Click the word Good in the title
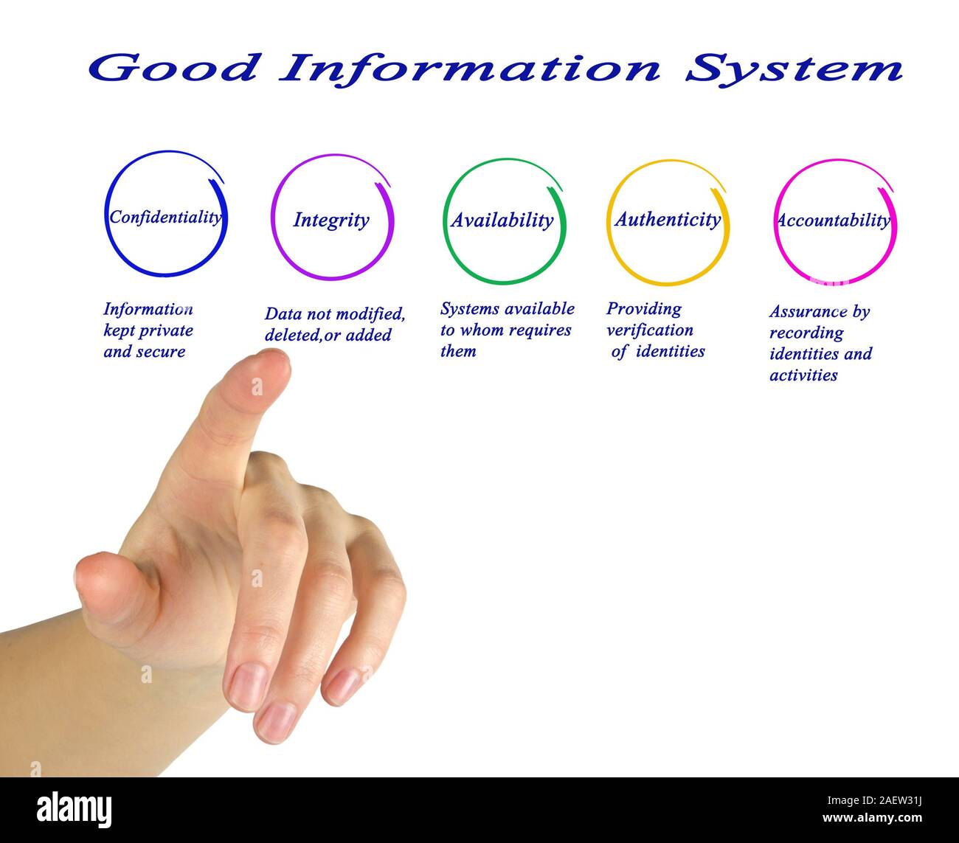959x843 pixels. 174,69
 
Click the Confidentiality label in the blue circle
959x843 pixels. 165,217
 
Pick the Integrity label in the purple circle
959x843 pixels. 331,220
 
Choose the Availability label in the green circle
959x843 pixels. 502,220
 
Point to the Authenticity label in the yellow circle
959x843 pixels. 668,219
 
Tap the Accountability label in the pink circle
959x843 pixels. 833,220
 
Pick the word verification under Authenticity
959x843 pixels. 649,330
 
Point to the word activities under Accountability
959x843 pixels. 803,375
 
